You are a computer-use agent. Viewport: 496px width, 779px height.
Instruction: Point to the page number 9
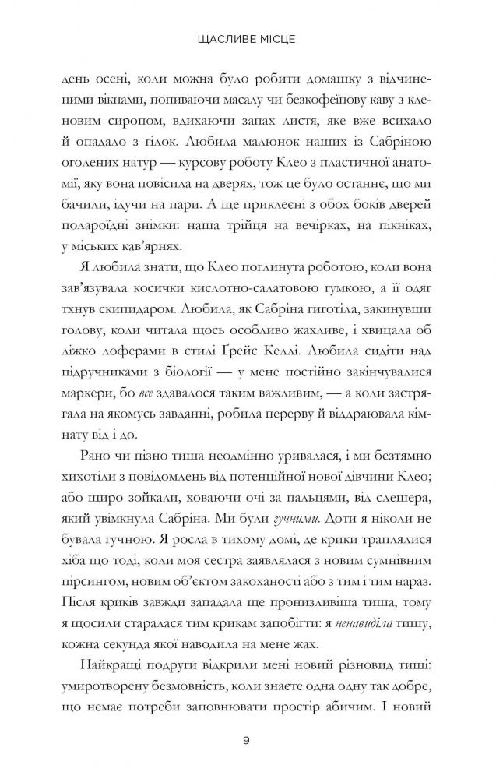[247, 741]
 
